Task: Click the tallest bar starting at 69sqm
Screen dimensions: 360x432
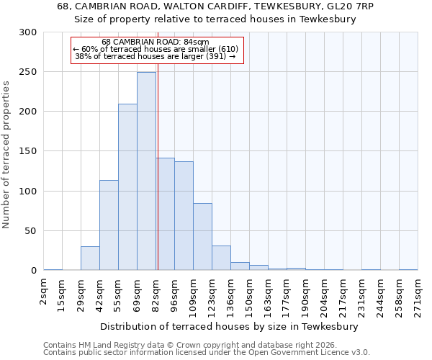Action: pos(146,171)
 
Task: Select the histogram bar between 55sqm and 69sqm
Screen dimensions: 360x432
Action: pos(127,187)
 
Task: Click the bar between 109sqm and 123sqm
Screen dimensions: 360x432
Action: pos(202,237)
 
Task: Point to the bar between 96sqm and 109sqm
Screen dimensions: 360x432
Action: pos(184,216)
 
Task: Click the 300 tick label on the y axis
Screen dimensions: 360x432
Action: pos(28,32)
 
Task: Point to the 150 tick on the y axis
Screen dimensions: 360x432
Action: pos(28,152)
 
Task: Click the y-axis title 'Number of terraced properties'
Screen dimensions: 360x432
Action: pos(6,154)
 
